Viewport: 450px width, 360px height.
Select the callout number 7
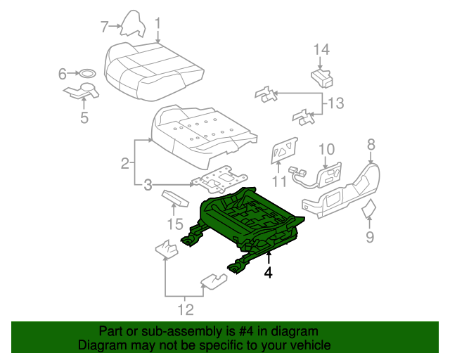(x=103, y=27)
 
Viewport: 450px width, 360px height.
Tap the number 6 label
(x=63, y=73)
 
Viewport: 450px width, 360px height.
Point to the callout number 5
(x=84, y=117)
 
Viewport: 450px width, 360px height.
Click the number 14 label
(x=321, y=49)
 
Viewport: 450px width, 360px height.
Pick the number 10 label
(x=327, y=148)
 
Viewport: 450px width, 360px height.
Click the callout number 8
(x=371, y=144)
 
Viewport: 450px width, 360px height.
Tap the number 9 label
(x=369, y=237)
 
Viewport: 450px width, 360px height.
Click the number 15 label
(x=174, y=224)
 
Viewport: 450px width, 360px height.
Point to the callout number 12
(x=184, y=308)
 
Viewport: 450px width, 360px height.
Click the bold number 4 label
(x=268, y=271)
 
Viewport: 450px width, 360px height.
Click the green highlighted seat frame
(x=246, y=218)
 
